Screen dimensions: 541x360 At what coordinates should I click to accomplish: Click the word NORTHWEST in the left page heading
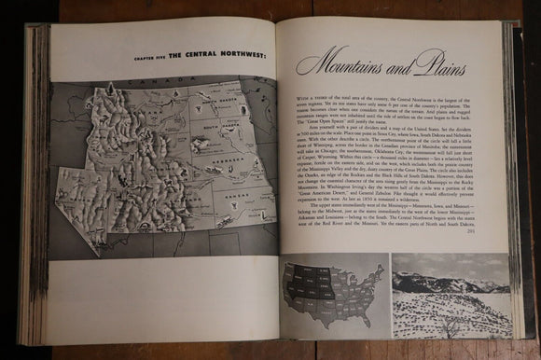(243, 55)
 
